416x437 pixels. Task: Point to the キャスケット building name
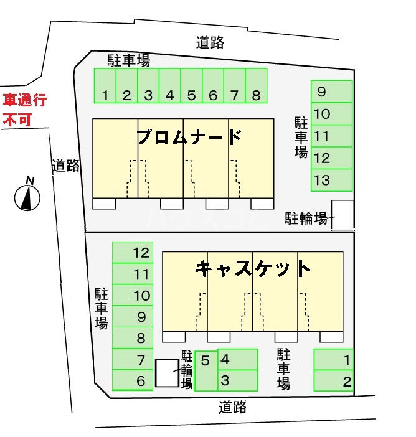(x=252, y=268)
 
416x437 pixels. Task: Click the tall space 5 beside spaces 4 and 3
(x=206, y=371)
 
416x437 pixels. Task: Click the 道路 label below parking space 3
(x=233, y=407)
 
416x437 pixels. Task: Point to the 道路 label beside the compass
(x=65, y=166)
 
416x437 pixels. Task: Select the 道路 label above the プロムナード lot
(x=210, y=43)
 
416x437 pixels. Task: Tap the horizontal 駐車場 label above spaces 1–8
(x=128, y=60)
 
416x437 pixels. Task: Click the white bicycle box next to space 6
(x=166, y=373)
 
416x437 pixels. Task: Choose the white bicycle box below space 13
(x=342, y=215)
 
